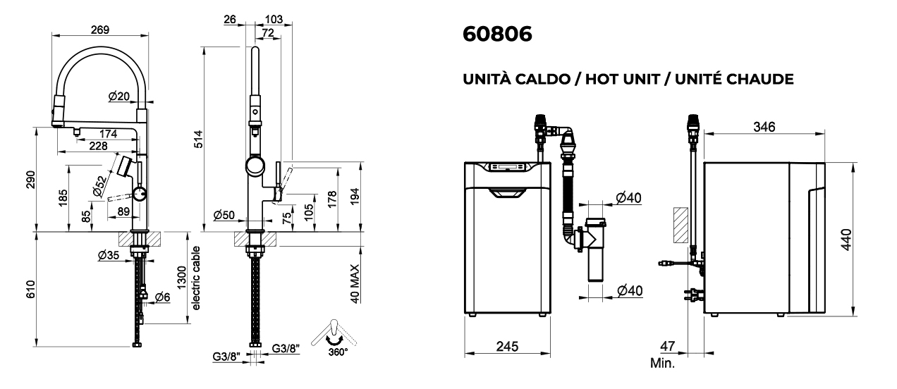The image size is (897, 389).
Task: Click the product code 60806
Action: (x=497, y=34)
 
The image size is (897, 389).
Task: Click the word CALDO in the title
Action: (x=542, y=79)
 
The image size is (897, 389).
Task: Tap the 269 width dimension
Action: (x=100, y=30)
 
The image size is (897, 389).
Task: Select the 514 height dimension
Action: (x=199, y=139)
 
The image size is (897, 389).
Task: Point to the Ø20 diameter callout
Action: (x=119, y=96)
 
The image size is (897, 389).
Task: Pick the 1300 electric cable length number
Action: (x=181, y=278)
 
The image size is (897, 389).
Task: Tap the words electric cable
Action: (x=196, y=278)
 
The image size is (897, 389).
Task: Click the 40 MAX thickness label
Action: (x=355, y=284)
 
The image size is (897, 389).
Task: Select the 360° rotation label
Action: (x=338, y=352)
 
